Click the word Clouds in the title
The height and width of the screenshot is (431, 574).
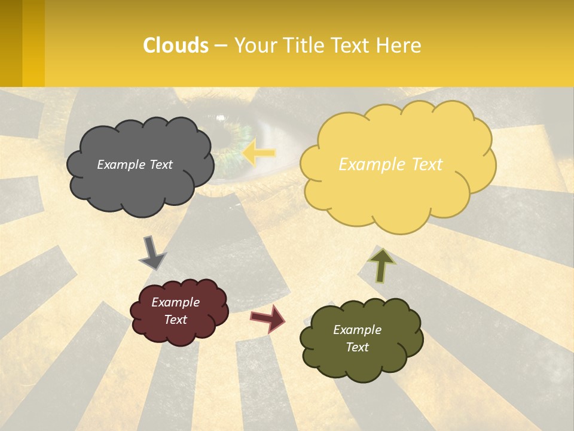click(x=176, y=45)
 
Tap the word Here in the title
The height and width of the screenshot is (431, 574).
click(x=399, y=45)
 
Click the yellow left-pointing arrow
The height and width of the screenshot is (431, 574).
click(x=259, y=153)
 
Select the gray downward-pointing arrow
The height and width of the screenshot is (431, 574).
click(x=152, y=252)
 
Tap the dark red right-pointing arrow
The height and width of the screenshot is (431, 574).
click(x=268, y=318)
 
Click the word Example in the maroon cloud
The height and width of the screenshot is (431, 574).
click(x=175, y=302)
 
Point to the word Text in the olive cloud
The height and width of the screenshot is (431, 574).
click(x=357, y=347)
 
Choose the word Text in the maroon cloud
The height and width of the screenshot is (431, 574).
click(x=175, y=320)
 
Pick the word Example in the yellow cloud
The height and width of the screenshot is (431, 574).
click(x=366, y=165)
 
